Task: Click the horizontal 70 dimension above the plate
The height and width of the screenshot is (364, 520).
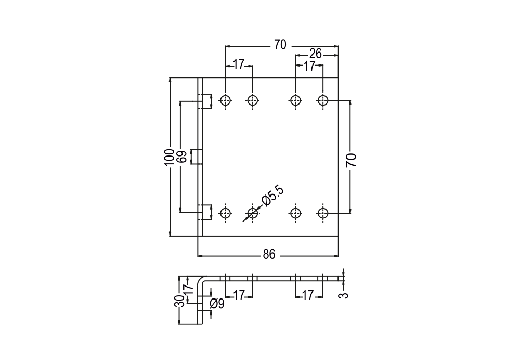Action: coord(280,45)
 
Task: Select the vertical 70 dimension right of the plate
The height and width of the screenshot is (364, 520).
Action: coord(351,161)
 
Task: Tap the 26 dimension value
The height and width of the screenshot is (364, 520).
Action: coord(316,54)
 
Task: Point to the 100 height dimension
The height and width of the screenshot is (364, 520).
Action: coord(170,158)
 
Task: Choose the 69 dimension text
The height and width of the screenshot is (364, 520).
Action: coord(181,157)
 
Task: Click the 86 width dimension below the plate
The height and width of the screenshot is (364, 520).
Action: coord(269,255)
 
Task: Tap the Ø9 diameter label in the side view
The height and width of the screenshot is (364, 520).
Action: coord(217,303)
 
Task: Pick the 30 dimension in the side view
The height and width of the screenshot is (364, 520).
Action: coord(179,301)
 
